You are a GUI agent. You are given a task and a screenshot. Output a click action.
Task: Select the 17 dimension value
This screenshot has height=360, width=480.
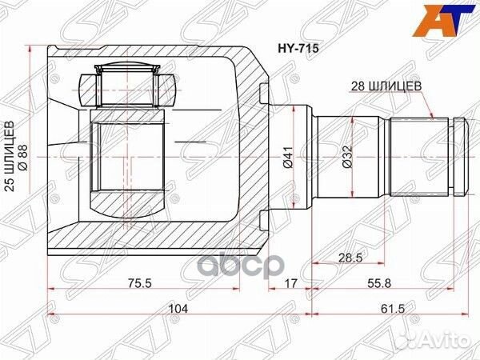290,282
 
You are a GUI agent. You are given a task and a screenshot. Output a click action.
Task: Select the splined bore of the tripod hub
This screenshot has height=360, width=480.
128,157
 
